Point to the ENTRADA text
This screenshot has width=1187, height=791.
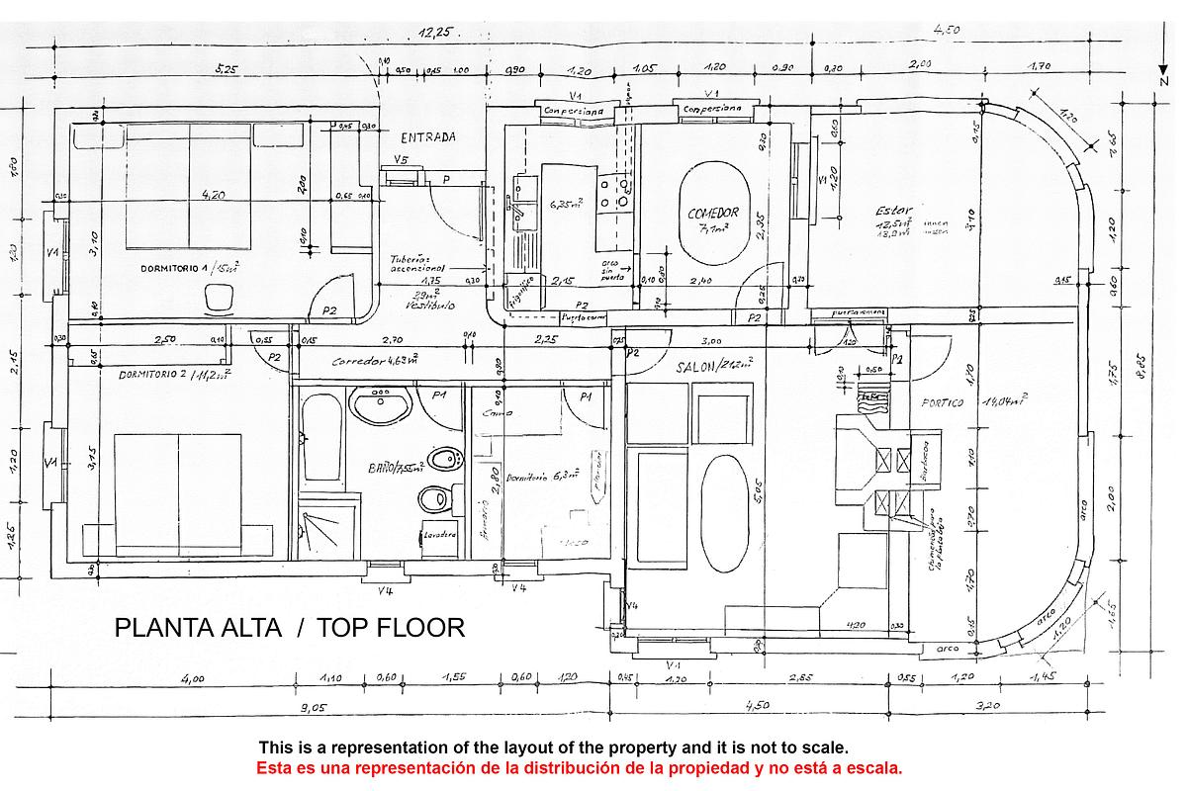(x=428, y=137)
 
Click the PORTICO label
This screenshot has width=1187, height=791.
(x=942, y=402)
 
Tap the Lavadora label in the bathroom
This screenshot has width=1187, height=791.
(x=439, y=535)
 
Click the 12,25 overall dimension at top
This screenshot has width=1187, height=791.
(x=434, y=33)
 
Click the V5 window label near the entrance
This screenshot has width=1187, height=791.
(x=401, y=159)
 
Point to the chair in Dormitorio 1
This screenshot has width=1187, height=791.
(x=217, y=295)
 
